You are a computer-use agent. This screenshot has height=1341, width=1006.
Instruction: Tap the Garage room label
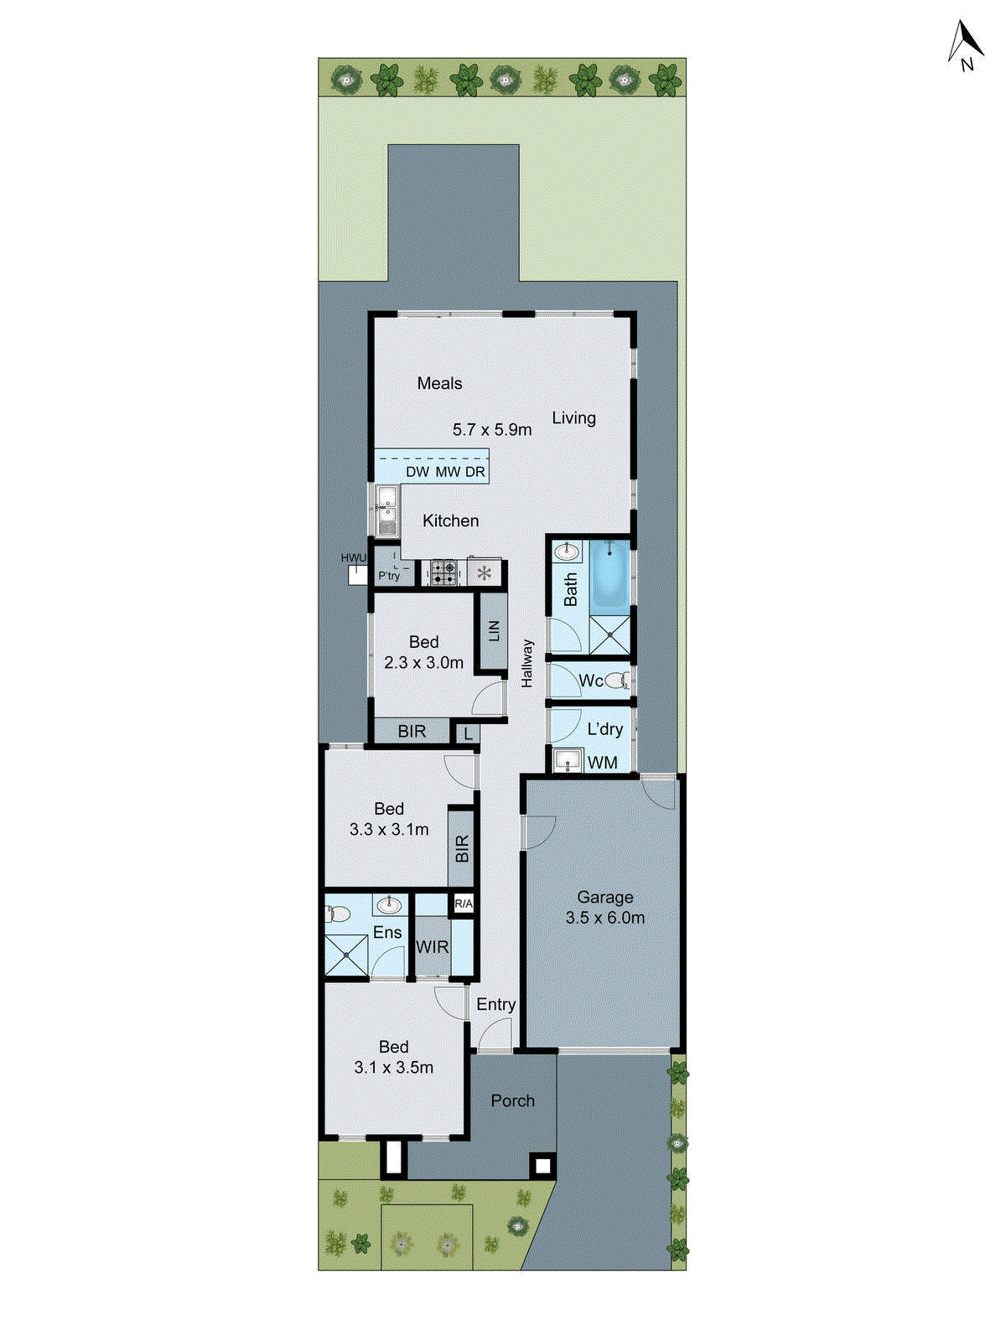(604, 897)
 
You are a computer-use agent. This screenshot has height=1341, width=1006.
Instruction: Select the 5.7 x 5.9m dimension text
(492, 430)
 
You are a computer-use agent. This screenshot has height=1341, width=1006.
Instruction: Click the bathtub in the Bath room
(609, 576)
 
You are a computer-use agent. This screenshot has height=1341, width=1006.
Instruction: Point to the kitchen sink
(387, 511)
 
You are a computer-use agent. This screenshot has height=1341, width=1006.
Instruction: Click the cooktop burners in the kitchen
(443, 573)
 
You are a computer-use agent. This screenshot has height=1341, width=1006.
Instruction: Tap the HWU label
(354, 558)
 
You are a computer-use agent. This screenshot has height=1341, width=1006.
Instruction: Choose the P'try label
(389, 576)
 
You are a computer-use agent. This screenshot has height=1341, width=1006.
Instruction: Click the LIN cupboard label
(493, 630)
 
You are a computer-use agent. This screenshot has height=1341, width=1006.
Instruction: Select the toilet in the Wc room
(617, 680)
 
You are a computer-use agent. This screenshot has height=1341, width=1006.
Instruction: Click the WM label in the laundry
(603, 763)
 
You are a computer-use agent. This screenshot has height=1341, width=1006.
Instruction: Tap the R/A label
(463, 903)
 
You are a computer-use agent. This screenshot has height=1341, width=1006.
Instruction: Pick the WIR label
(433, 947)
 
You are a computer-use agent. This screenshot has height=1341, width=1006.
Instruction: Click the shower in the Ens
(346, 955)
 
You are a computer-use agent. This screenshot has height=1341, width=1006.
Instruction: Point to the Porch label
(512, 1100)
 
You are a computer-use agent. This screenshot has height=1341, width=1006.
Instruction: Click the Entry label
(495, 1004)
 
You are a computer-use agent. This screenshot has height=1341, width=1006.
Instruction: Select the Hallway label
(527, 664)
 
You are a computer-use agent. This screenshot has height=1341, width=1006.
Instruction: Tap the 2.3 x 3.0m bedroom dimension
(423, 662)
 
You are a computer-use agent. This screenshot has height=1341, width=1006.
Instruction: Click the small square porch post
(542, 1165)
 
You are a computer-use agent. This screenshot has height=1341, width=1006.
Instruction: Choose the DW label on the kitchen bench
(417, 472)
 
